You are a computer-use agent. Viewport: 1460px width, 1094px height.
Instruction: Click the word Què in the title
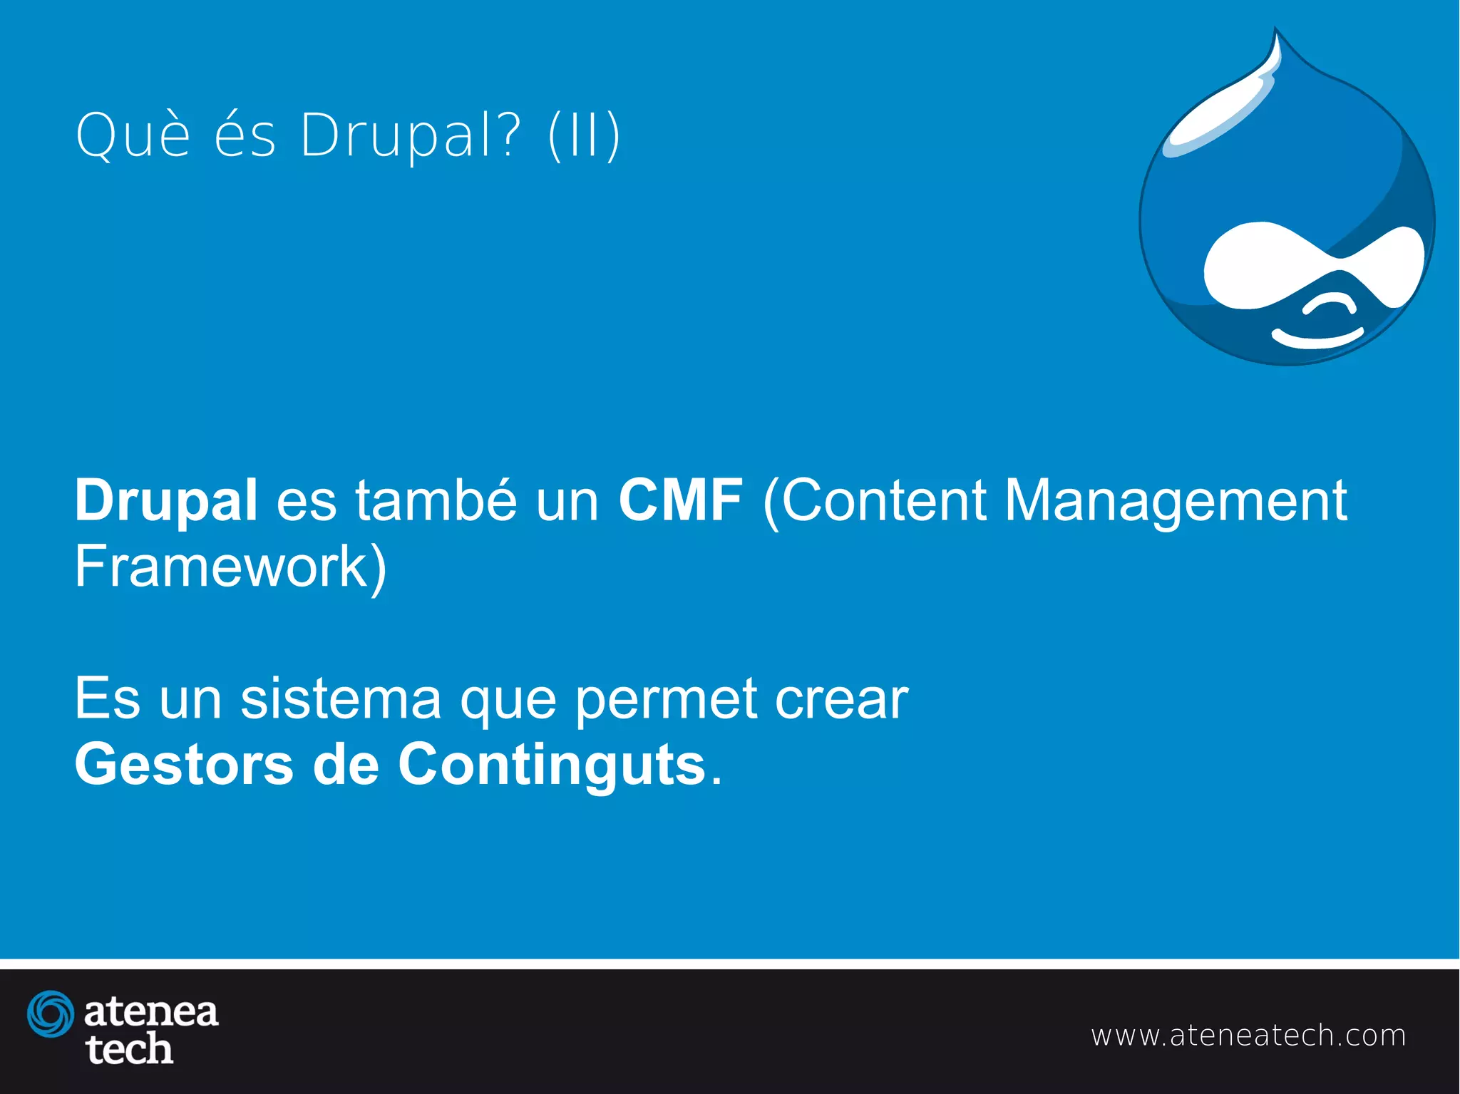[133, 135]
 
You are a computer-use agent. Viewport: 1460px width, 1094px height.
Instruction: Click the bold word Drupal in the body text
[166, 501]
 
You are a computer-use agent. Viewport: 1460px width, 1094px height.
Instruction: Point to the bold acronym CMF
[680, 500]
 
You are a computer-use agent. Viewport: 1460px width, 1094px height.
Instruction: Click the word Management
[1176, 501]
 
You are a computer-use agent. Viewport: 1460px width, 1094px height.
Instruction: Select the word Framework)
[230, 567]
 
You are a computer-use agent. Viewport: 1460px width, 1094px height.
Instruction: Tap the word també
[436, 500]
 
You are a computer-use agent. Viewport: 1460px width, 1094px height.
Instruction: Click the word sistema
[341, 699]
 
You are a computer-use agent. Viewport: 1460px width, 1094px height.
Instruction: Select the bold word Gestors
[184, 765]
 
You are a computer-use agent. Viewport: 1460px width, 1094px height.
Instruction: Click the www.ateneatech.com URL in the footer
[1248, 1036]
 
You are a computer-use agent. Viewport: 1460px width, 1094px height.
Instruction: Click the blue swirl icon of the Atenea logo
[51, 1013]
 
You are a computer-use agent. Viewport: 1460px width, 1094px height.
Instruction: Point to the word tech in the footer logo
[129, 1049]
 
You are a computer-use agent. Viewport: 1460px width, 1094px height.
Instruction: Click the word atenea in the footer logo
[151, 1012]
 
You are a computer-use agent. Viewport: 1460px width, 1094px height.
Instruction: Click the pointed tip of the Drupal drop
[1276, 32]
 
